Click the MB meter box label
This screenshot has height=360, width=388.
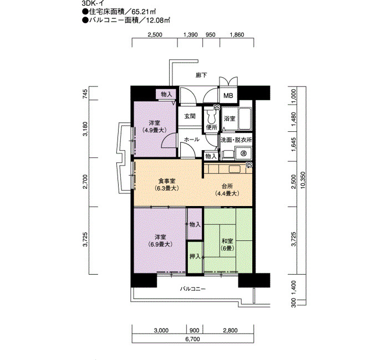228,95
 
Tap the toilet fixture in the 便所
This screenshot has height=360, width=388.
212,116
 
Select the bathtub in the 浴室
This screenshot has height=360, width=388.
245,119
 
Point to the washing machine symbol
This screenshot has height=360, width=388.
243,153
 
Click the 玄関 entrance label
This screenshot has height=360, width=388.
190,116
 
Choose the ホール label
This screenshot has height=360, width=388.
192,140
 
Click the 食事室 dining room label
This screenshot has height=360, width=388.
166,181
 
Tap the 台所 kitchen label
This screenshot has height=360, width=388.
227,186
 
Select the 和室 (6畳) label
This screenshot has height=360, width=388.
227,245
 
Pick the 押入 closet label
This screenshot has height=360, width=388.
195,256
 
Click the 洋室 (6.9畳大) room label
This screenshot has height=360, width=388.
160,240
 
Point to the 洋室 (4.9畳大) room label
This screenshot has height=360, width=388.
154,126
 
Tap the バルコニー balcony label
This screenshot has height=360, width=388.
193,289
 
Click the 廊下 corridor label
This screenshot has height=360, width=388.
201,75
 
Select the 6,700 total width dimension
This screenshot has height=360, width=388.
192,339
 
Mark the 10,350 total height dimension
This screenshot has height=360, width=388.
303,180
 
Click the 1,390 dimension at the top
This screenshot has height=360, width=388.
191,34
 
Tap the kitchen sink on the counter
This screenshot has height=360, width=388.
235,169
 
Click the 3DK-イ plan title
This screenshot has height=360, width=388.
93,3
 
